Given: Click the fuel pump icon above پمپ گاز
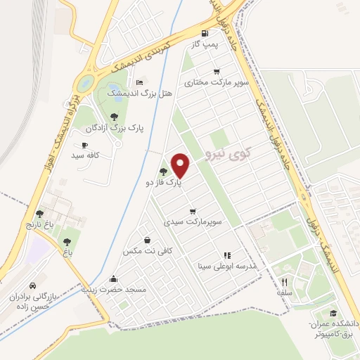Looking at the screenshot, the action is pyautogui.click(x=205, y=33).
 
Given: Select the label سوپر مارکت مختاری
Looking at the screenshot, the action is pyautogui.click(x=218, y=83).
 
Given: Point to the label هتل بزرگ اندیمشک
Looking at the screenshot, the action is pyautogui.click(x=128, y=92).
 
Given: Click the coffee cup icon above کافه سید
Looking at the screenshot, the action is pyautogui.click(x=85, y=145).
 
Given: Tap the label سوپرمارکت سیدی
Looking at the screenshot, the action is pyautogui.click(x=193, y=221).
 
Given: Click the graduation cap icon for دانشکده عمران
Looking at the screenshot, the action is pyautogui.click(x=333, y=314).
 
